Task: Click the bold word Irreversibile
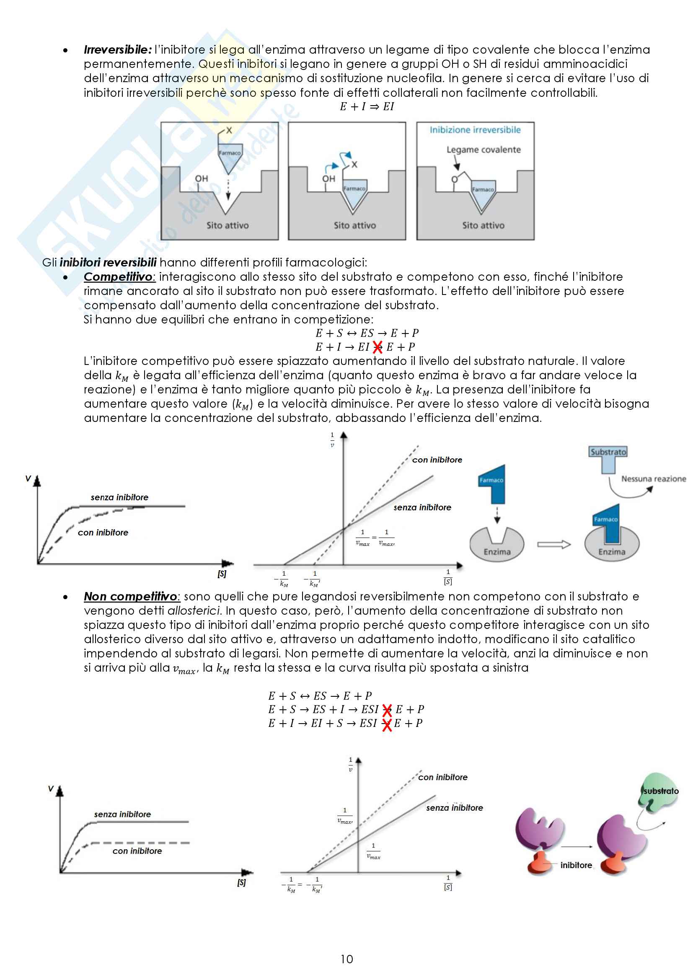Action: click(117, 50)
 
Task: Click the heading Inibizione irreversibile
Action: click(475, 130)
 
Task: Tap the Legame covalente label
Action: click(484, 150)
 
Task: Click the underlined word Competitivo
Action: click(118, 277)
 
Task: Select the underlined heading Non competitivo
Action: click(131, 596)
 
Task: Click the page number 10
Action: click(346, 959)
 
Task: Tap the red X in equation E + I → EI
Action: click(378, 347)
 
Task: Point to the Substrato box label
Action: click(608, 452)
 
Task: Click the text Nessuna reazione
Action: click(653, 479)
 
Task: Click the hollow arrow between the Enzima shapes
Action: click(554, 544)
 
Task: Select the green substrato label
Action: click(661, 791)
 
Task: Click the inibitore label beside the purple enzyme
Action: click(576, 865)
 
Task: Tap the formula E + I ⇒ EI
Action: click(367, 107)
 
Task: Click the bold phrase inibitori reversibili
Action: click(108, 263)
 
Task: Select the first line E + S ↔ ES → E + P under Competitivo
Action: click(367, 334)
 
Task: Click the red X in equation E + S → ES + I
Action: click(387, 710)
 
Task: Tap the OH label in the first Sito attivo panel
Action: click(202, 179)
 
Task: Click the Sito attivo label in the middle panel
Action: click(354, 225)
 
